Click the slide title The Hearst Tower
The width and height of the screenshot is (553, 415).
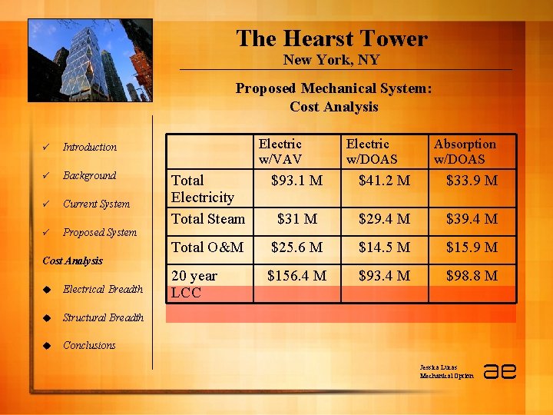(x=331, y=38)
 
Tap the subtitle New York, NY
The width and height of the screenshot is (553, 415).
(x=331, y=60)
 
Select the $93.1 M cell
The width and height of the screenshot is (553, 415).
(x=297, y=181)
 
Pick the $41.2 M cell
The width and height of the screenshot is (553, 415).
(x=385, y=181)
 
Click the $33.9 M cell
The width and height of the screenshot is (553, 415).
(x=472, y=181)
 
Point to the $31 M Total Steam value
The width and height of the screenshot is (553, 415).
(x=297, y=219)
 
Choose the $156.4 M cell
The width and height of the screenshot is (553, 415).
(x=296, y=275)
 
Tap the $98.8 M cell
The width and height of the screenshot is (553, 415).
(x=472, y=275)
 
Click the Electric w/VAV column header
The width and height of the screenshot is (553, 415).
(x=280, y=151)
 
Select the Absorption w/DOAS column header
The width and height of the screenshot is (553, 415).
(x=465, y=151)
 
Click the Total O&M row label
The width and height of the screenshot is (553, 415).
(x=207, y=247)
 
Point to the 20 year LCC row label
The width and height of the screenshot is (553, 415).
(x=194, y=283)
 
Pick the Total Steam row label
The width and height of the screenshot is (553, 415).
(x=208, y=219)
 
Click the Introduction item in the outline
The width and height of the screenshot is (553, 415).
(x=90, y=147)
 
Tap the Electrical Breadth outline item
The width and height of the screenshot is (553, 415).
(x=103, y=289)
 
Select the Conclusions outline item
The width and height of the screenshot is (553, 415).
(x=89, y=345)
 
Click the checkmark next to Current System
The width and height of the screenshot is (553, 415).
(x=47, y=204)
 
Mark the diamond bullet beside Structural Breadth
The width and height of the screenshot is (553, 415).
(x=47, y=317)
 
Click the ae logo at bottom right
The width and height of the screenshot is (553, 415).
(x=499, y=370)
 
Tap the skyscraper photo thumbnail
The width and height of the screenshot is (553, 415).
(x=90, y=60)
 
